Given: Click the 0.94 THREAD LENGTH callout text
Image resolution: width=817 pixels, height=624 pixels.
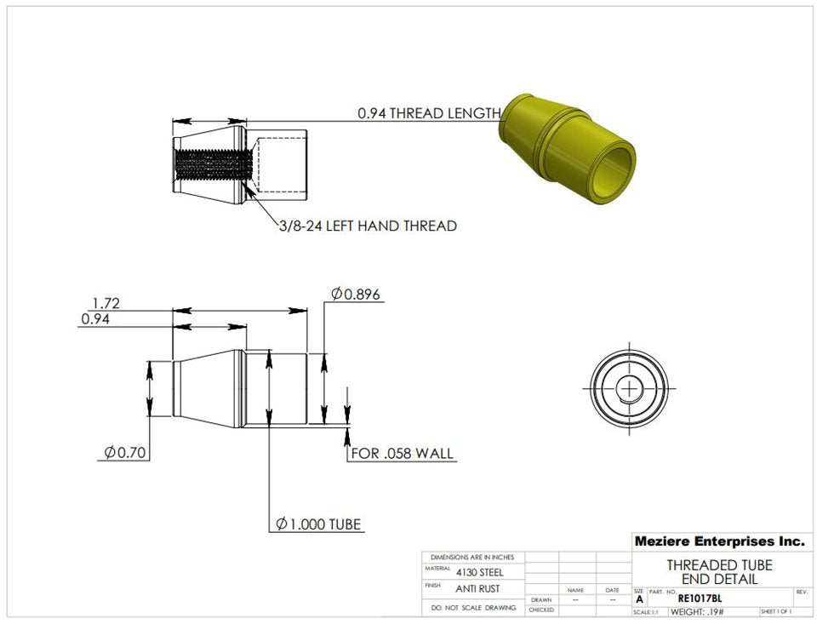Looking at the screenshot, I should coord(428,113).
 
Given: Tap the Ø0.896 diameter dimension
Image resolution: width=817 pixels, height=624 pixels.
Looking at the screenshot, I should coord(356,295).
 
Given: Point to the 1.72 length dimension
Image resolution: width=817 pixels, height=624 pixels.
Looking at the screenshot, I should coord(106,302).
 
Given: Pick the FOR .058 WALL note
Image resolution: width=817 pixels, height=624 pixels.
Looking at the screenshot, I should coord(402,453).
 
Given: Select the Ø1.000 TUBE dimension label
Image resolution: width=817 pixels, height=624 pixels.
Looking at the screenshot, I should coord(319,524).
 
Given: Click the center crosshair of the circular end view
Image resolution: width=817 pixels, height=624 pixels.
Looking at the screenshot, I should coord(630,389).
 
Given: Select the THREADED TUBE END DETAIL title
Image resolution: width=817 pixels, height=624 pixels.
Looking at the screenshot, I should coord(719,572).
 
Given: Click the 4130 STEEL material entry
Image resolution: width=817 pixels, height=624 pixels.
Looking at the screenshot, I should coord(477,572).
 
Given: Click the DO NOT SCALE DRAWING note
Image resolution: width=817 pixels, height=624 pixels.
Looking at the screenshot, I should coord(474,608).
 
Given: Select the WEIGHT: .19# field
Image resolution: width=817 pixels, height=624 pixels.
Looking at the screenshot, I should coord(697,611).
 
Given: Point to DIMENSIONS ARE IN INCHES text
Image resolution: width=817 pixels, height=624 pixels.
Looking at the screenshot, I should coord(473,557).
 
